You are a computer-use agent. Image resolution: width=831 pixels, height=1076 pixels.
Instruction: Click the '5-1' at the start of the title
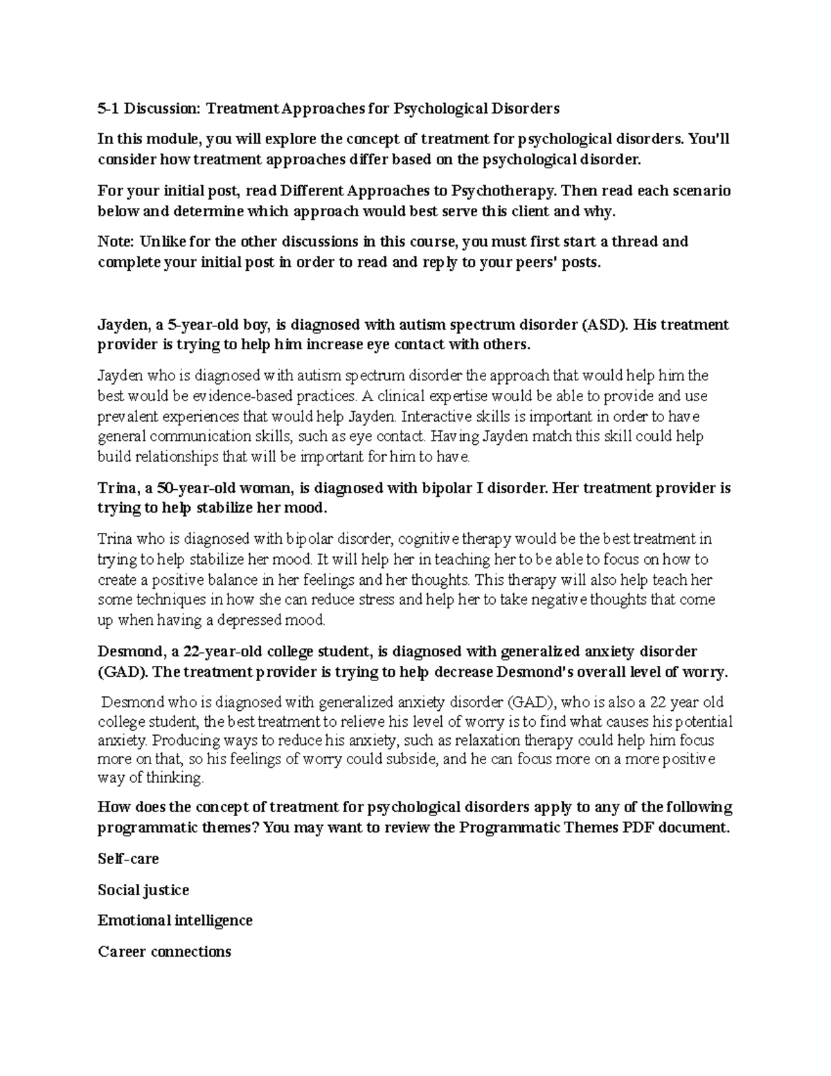pyautogui.click(x=107, y=109)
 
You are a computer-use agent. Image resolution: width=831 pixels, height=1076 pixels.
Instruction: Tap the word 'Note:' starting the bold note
pyautogui.click(x=117, y=242)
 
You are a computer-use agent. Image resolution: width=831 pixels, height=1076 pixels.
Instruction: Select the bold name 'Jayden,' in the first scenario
pyautogui.click(x=123, y=325)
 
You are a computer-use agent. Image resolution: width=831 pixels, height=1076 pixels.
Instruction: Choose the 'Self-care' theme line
pyautogui.click(x=128, y=859)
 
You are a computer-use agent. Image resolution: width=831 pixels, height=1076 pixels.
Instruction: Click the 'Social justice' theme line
pyautogui.click(x=143, y=890)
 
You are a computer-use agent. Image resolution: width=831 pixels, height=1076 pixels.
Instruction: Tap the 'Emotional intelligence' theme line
pyautogui.click(x=175, y=921)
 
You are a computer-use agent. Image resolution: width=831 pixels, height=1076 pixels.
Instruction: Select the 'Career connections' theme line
pyautogui.click(x=164, y=952)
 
